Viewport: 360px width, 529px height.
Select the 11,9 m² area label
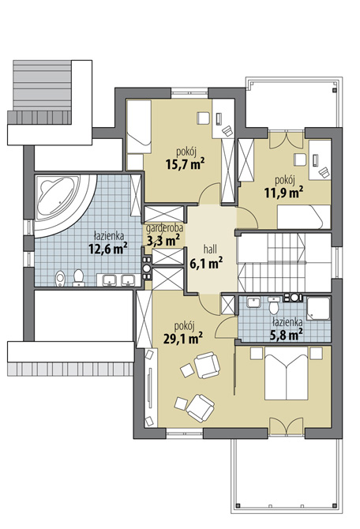click(283, 193)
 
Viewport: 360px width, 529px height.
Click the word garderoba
click(164, 229)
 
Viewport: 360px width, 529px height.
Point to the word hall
click(210, 249)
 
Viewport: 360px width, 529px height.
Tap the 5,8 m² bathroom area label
click(286, 336)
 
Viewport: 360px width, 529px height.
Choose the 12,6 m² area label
click(107, 248)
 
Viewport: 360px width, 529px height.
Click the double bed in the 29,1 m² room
click(286, 373)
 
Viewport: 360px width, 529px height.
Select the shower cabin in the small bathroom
click(318, 308)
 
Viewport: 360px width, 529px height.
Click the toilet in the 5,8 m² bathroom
click(274, 306)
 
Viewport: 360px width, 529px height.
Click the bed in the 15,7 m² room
click(139, 127)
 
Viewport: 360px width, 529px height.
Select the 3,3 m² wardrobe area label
click(163, 241)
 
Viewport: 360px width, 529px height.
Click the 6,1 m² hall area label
click(206, 263)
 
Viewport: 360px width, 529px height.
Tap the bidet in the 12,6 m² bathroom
click(60, 279)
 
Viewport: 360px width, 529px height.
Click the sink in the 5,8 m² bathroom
click(253, 302)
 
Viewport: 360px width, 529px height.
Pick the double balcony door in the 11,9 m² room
click(286, 140)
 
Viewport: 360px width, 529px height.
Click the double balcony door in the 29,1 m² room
click(287, 426)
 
